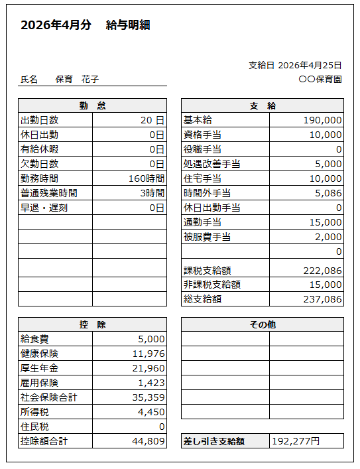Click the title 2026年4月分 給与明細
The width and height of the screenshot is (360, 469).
coord(86,26)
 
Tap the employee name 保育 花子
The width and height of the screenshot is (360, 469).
coord(77,79)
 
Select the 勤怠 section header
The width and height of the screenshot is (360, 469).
coord(92,105)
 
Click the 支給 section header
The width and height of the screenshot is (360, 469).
coord(263,105)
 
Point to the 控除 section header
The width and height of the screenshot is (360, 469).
coord(92,324)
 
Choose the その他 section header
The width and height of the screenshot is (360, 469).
coord(263,324)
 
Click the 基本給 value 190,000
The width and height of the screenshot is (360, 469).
coord(322,120)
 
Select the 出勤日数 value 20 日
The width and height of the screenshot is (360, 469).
coord(152,120)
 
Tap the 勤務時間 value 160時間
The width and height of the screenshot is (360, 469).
coord(147,178)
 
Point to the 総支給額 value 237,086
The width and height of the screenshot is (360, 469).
coord(322,299)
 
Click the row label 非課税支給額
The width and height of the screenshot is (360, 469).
coord(211,285)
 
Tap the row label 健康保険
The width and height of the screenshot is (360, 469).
coord(40,354)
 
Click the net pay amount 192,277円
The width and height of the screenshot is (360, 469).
coord(296,441)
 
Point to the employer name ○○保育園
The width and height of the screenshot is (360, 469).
coord(320,78)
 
